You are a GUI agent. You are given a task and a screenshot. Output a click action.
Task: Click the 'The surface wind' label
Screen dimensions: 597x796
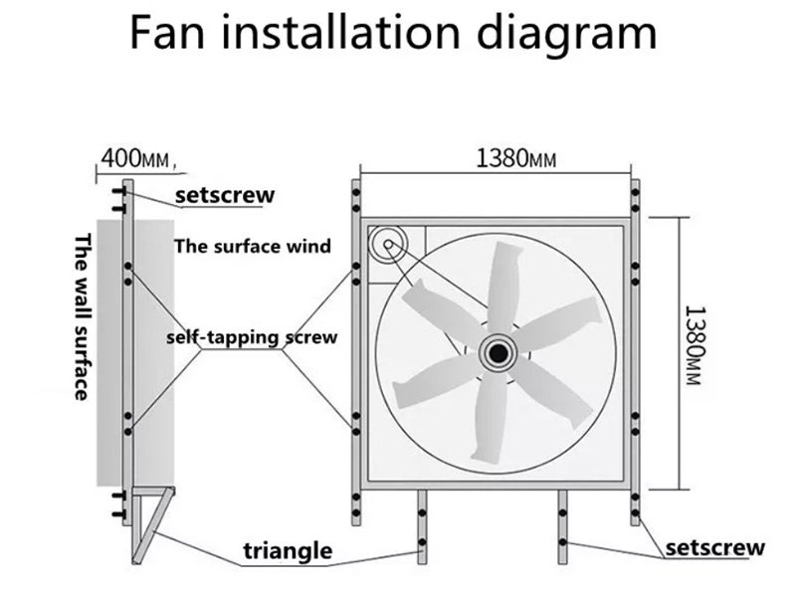(x=253, y=246)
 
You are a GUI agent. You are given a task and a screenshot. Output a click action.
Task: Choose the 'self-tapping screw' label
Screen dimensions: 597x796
(x=252, y=337)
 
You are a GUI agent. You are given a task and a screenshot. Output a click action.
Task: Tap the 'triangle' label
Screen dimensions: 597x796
(x=289, y=550)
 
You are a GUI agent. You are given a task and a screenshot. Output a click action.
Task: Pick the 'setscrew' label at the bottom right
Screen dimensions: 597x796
(x=715, y=547)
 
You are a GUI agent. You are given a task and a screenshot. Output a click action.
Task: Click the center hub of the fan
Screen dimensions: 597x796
(x=496, y=351)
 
